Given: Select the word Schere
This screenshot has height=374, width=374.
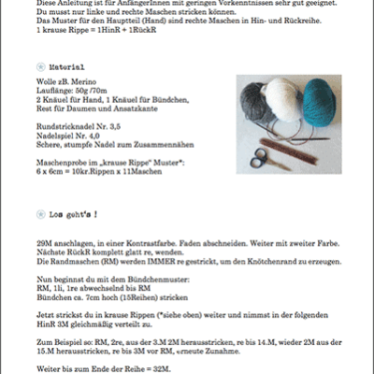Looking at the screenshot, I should coord(41,142).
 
